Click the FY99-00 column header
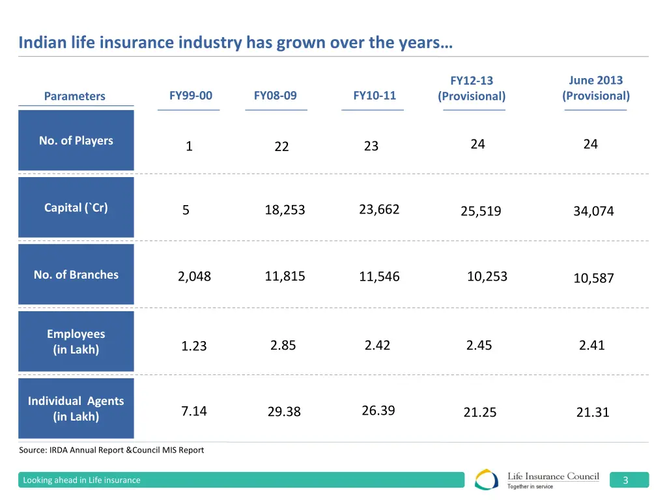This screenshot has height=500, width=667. click(190, 96)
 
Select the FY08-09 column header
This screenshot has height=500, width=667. click(275, 96)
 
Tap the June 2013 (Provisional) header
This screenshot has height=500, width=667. click(595, 89)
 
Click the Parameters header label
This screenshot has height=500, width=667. click(74, 96)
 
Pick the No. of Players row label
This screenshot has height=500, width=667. click(76, 141)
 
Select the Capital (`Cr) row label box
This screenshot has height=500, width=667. click(76, 208)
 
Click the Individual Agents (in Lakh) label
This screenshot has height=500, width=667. click(76, 409)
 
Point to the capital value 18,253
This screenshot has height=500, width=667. click(285, 210)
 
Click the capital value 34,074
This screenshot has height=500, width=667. click(593, 211)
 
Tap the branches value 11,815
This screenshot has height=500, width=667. click(285, 276)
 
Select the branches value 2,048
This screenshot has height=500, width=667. click(194, 277)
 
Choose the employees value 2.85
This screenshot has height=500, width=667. click(283, 345)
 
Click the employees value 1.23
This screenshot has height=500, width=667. click(193, 346)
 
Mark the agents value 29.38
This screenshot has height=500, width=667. click(283, 411)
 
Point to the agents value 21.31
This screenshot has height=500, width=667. click(592, 411)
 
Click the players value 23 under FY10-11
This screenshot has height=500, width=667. click(371, 146)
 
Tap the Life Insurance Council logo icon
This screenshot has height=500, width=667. click(487, 480)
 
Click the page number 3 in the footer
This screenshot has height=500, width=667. click(625, 480)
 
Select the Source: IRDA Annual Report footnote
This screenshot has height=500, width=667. click(111, 450)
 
